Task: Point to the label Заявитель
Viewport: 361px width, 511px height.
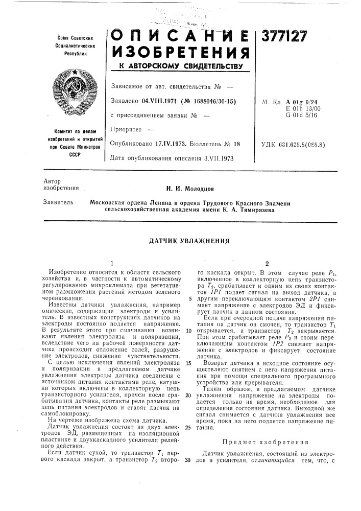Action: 54,203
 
